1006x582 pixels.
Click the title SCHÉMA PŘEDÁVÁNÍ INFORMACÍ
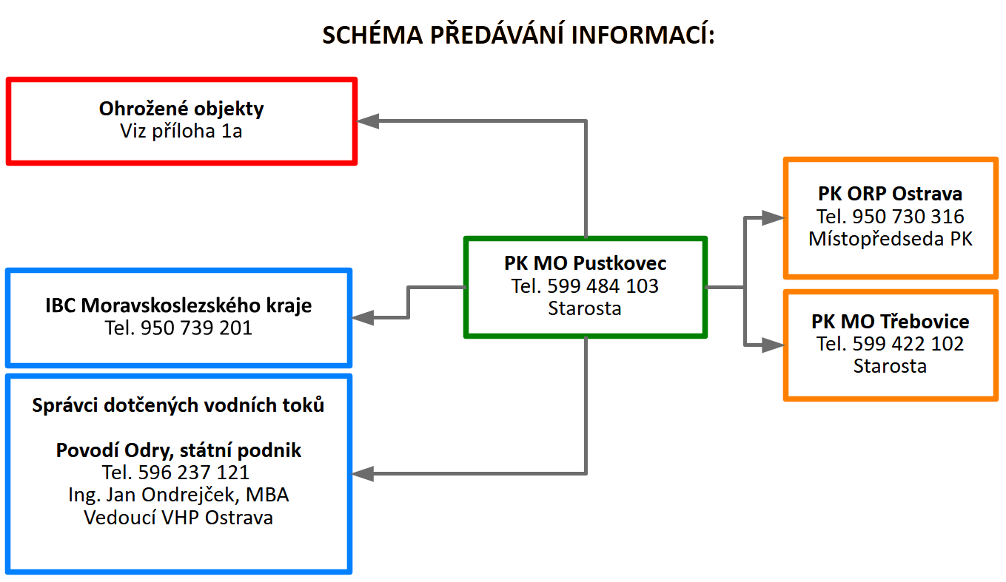517,35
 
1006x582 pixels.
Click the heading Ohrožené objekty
181,109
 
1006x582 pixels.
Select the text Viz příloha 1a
181,132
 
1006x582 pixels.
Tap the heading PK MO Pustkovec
585,263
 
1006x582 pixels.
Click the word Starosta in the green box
585,308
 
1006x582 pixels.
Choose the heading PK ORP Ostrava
890,194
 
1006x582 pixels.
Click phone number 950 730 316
908,217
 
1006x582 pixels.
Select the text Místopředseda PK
890,239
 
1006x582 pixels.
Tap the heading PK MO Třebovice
890,322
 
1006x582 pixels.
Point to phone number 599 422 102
908,344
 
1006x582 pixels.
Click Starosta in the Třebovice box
890,366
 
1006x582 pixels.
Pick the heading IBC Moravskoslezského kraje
178,305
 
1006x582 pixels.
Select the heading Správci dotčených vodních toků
178,405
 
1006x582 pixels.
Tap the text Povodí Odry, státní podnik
178,450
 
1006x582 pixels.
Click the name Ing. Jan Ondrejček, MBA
178,495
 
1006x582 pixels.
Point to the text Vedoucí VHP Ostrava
178,518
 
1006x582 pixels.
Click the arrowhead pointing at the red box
368,121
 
